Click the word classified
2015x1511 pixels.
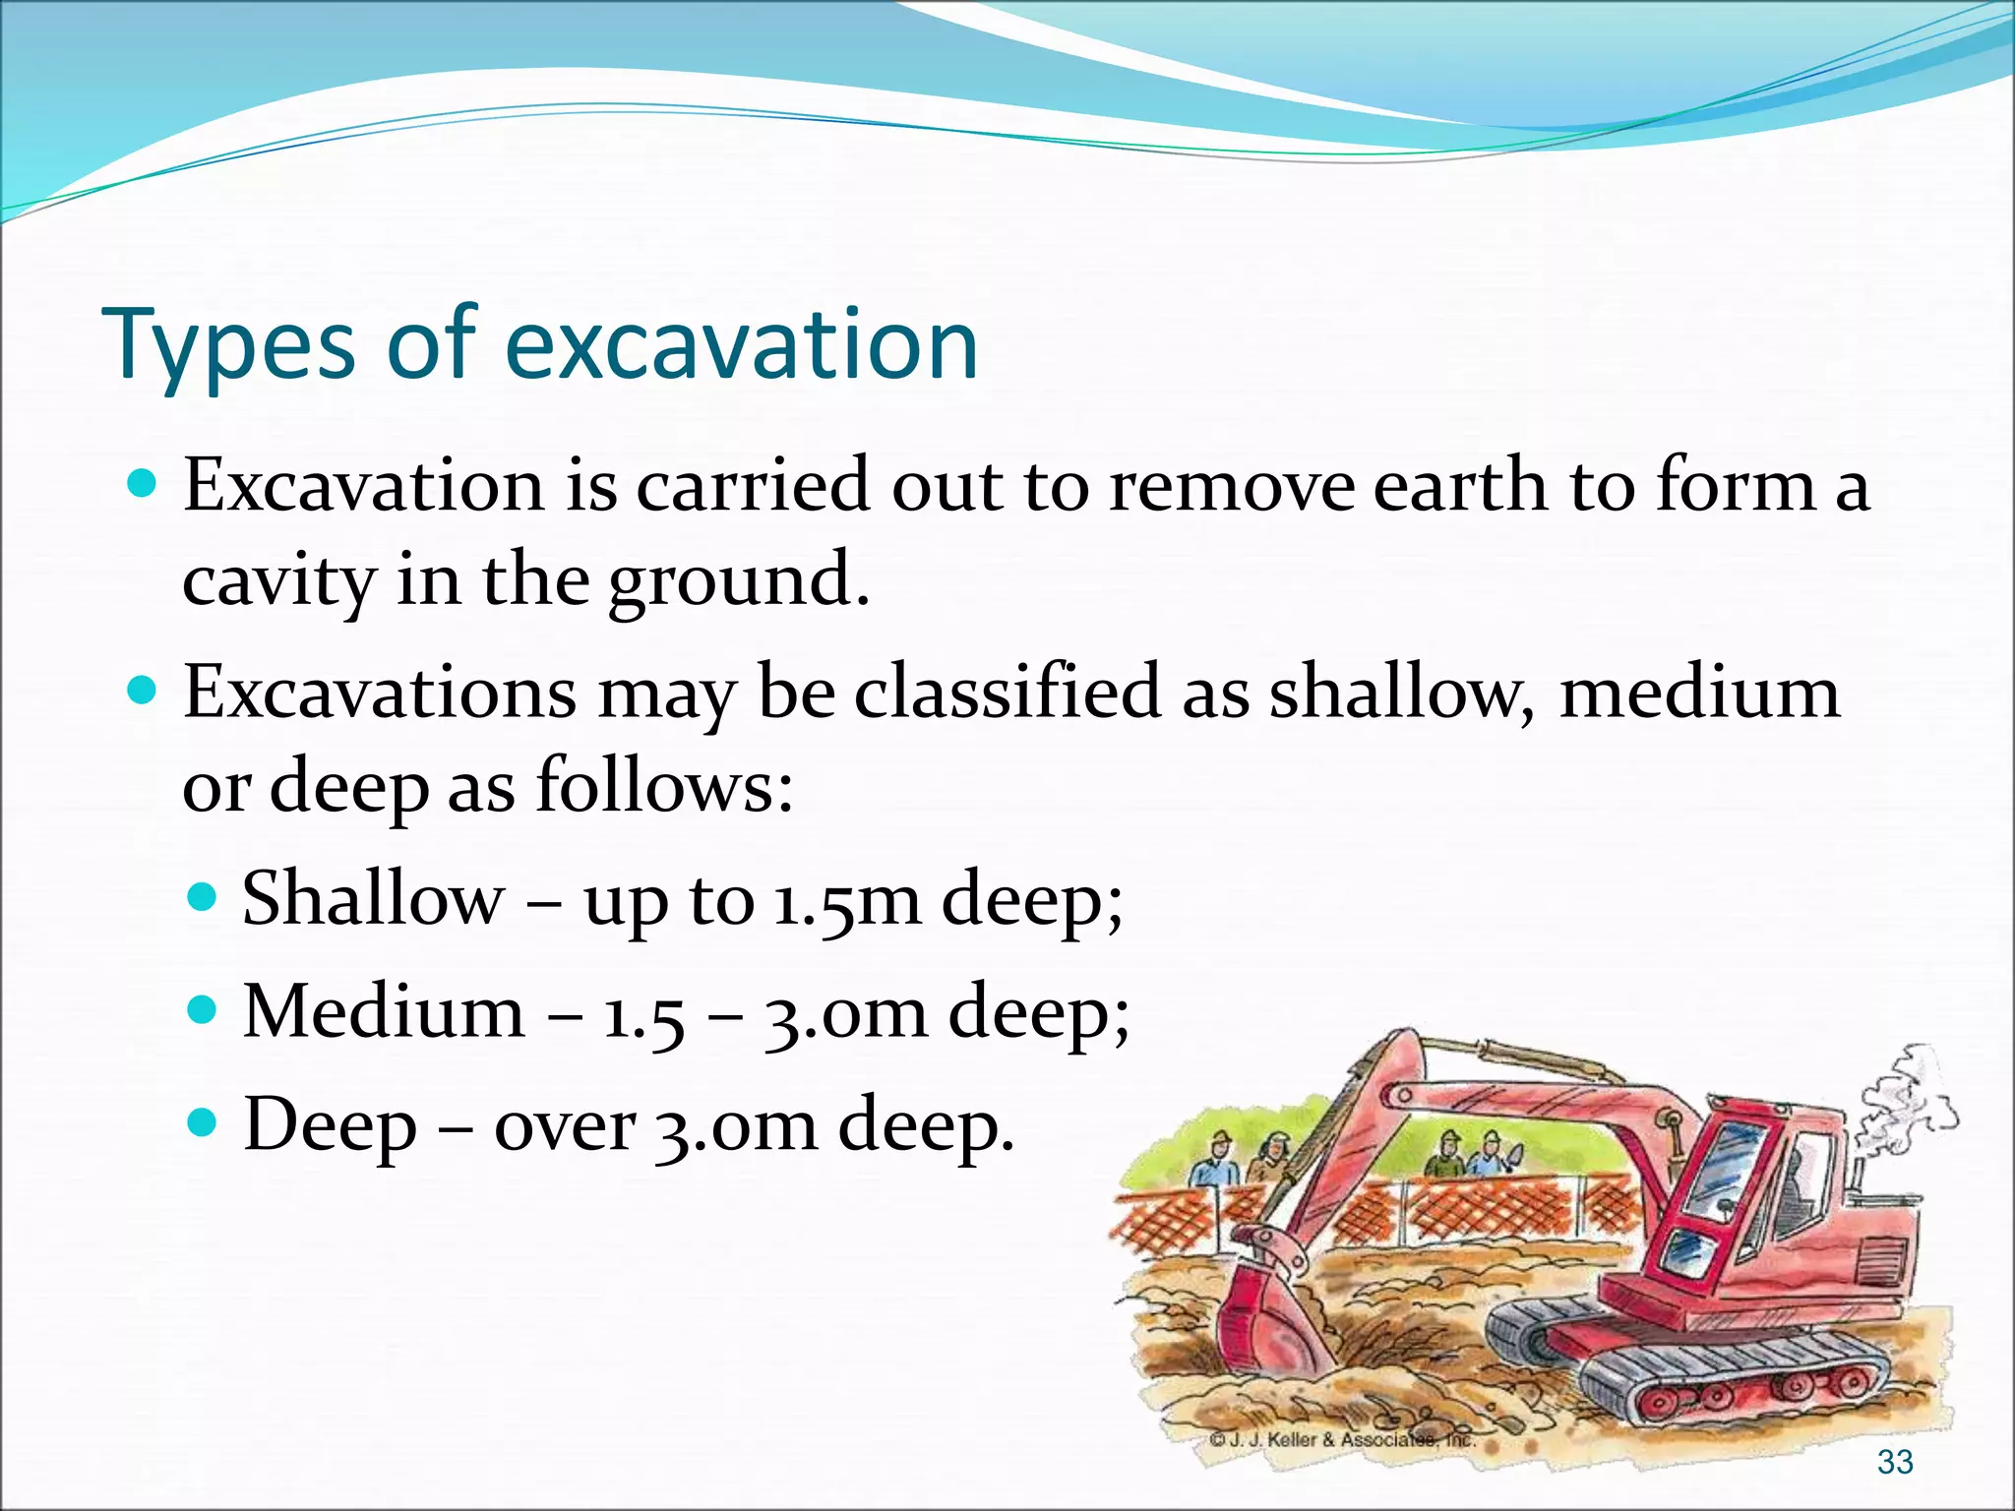coord(1008,692)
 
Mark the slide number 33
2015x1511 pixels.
coord(1894,1462)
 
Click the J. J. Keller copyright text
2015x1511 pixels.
coord(1343,1439)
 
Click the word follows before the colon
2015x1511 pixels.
coord(659,787)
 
